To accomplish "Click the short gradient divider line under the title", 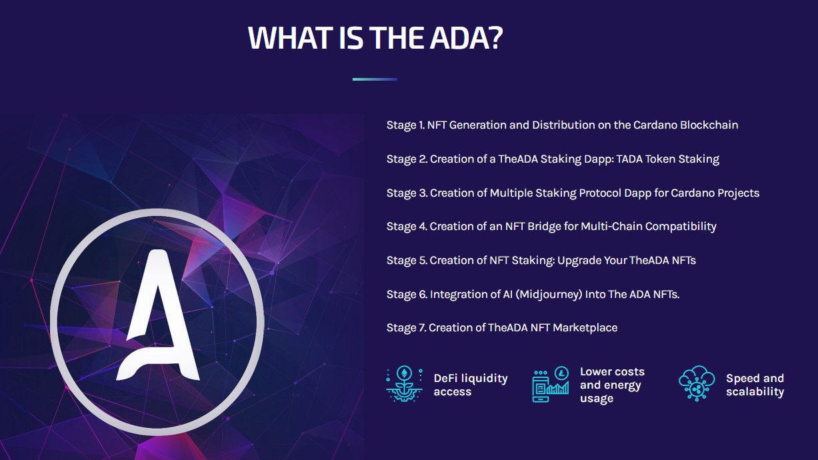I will point(375,79).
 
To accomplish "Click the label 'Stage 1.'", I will point(405,125).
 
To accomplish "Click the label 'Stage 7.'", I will point(406,327).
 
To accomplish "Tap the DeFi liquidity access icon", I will point(404,384).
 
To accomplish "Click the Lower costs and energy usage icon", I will point(550,385).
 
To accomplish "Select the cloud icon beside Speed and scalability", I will point(697,384).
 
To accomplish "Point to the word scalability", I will point(755,392).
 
